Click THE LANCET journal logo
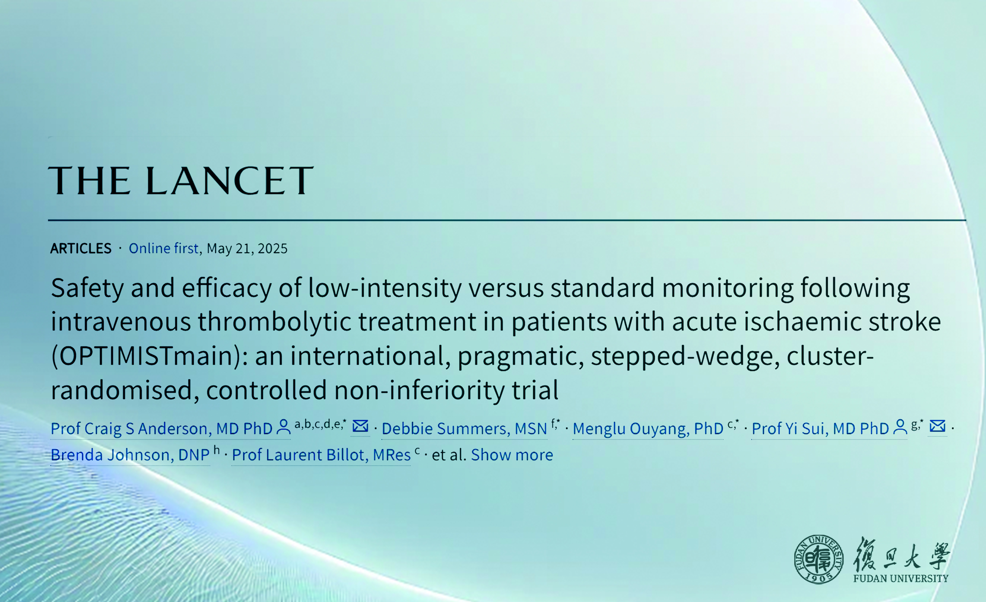point(181,181)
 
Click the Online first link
point(164,248)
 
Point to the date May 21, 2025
point(247,249)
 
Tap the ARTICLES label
point(81,249)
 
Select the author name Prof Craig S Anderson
point(162,429)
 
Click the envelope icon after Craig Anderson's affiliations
point(360,426)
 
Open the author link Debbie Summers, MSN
point(464,429)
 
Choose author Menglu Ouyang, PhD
point(648,429)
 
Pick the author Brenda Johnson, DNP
point(130,455)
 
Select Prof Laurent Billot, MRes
point(321,455)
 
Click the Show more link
point(512,455)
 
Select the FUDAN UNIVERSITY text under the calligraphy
point(901,578)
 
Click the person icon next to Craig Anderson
point(284,426)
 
